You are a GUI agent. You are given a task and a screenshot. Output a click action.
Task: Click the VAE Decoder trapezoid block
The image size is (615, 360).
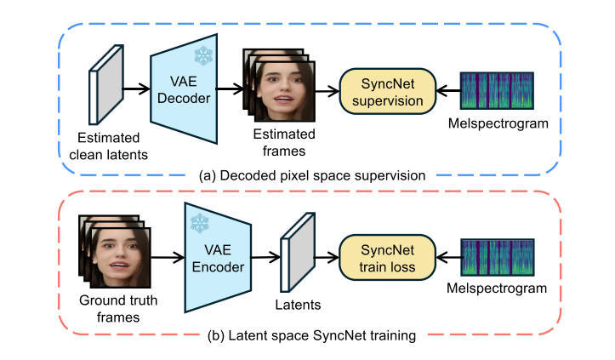pos(182,88)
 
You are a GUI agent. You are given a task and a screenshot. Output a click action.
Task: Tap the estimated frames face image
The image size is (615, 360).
pos(283,88)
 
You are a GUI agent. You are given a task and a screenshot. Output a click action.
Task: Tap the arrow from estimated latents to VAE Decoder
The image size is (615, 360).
pos(135,88)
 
